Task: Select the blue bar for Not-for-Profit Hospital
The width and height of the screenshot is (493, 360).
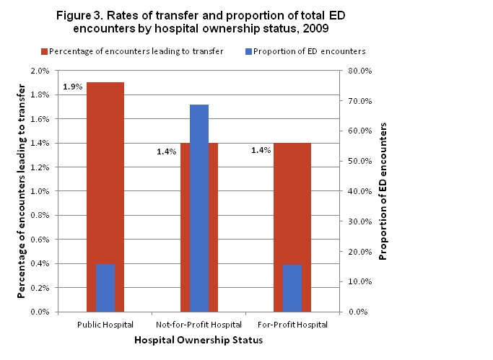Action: point(198,208)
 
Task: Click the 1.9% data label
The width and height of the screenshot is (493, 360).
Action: point(73,87)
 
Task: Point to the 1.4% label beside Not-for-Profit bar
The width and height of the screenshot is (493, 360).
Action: point(167,152)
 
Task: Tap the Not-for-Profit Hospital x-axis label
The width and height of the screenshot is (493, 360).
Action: point(198,325)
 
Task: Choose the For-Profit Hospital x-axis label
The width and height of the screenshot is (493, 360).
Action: point(292,325)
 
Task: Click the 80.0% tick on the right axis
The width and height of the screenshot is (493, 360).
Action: point(359,71)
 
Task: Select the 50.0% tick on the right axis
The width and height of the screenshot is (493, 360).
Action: point(359,161)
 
